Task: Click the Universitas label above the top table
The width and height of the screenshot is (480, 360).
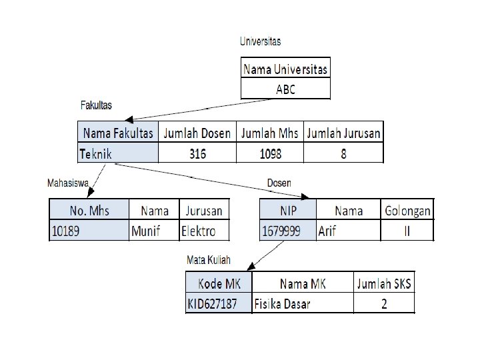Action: [x=260, y=41]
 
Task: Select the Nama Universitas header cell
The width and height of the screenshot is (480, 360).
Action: [x=285, y=69]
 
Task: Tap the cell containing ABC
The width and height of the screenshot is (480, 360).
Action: [x=285, y=89]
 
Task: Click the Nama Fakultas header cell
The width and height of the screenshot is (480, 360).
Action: [x=118, y=133]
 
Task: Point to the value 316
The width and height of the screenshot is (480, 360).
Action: [x=197, y=154]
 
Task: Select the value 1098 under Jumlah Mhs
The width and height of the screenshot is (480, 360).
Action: [x=270, y=154]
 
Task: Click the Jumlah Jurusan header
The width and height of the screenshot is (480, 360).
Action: [x=343, y=133]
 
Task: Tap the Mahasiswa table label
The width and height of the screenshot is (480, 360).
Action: [x=68, y=181]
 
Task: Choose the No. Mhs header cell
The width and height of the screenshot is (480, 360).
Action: [x=89, y=211]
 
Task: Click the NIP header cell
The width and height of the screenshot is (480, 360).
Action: [x=288, y=211]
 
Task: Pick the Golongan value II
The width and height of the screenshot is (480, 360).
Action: [x=407, y=231]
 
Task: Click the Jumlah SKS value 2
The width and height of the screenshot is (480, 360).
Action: [x=383, y=305]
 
